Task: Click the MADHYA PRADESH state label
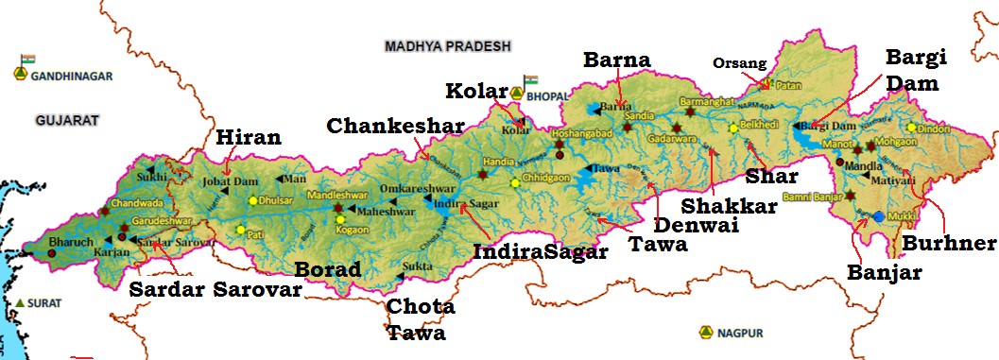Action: point(448,45)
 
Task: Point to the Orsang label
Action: point(733,64)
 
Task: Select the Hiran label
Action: point(249,138)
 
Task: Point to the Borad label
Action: point(328,269)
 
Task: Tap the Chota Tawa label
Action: point(421,319)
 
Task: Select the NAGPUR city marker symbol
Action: point(705,332)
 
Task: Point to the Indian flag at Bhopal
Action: point(530,80)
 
